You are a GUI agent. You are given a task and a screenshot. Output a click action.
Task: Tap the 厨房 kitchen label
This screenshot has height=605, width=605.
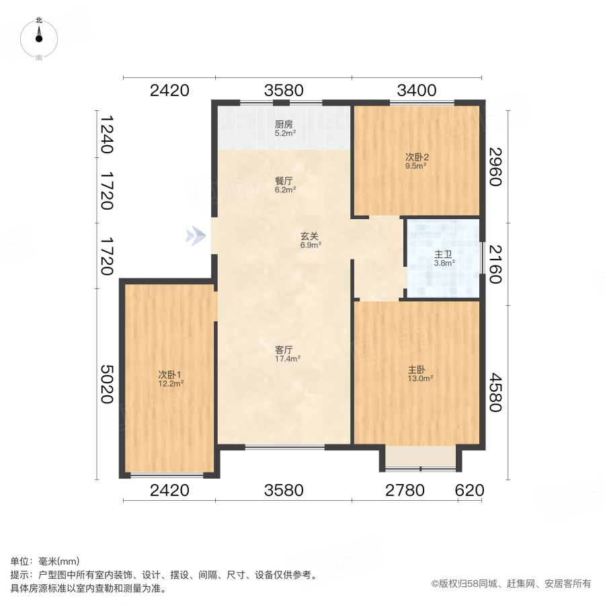[x=284, y=124]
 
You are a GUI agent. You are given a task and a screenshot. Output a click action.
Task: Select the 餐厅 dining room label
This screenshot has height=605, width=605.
[x=284, y=181]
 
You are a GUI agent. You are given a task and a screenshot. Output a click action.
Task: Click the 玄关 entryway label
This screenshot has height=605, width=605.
[x=309, y=237]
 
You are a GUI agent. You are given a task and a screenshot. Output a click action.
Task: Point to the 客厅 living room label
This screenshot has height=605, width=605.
[x=284, y=350]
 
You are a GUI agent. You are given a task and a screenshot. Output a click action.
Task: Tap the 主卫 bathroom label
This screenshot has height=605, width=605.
[x=442, y=255]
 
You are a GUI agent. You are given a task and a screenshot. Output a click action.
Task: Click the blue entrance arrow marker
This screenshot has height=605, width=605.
[x=196, y=235]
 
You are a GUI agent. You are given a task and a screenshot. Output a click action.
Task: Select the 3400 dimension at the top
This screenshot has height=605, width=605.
[x=417, y=90]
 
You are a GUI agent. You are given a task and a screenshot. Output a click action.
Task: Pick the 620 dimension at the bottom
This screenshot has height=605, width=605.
[x=469, y=490]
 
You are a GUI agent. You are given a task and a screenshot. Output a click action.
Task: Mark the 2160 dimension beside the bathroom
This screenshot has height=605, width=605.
[x=495, y=264]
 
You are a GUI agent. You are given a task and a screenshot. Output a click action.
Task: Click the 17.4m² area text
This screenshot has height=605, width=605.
[x=288, y=359]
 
